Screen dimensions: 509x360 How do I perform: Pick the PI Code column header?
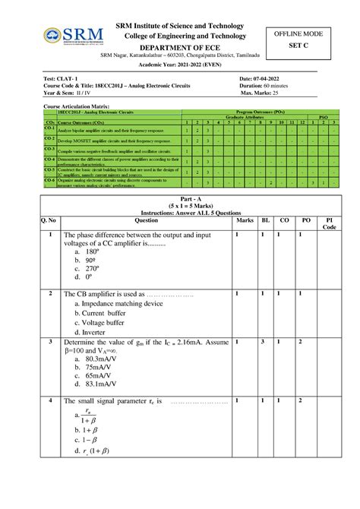pos(329,223)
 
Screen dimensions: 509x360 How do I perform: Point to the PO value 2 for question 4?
pos(300,400)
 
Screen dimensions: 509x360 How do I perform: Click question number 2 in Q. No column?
pos(49,292)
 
